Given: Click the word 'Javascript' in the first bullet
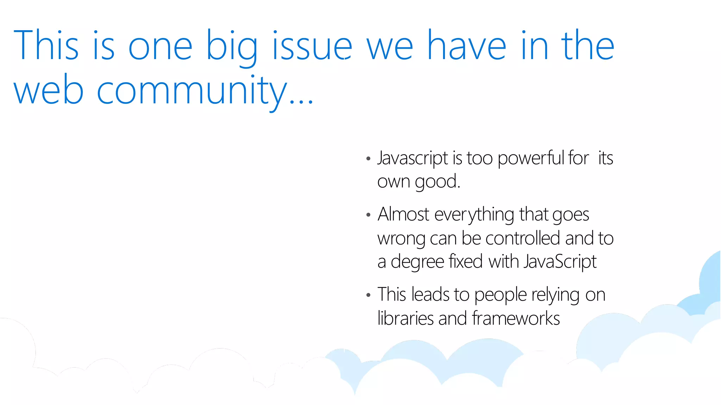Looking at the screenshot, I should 412,158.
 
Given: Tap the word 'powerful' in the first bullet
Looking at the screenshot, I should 531,158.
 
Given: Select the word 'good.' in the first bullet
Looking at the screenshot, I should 437,182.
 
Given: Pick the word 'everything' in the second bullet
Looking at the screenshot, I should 474,215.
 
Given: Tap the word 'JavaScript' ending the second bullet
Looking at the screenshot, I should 560,262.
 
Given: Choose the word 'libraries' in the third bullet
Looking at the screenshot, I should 405,318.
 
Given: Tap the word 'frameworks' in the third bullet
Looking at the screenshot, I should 516,318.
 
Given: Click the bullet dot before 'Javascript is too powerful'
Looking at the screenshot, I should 368,159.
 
